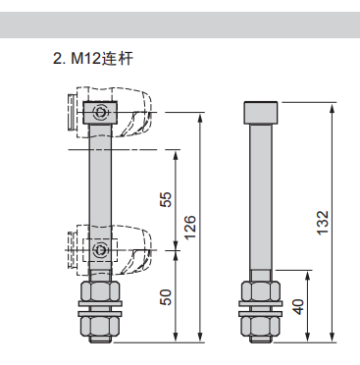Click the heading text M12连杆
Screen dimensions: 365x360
click(x=110, y=59)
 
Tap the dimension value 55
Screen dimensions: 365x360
click(x=166, y=200)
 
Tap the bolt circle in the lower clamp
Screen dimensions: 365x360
click(x=102, y=251)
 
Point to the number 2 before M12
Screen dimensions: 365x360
click(x=56, y=59)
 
